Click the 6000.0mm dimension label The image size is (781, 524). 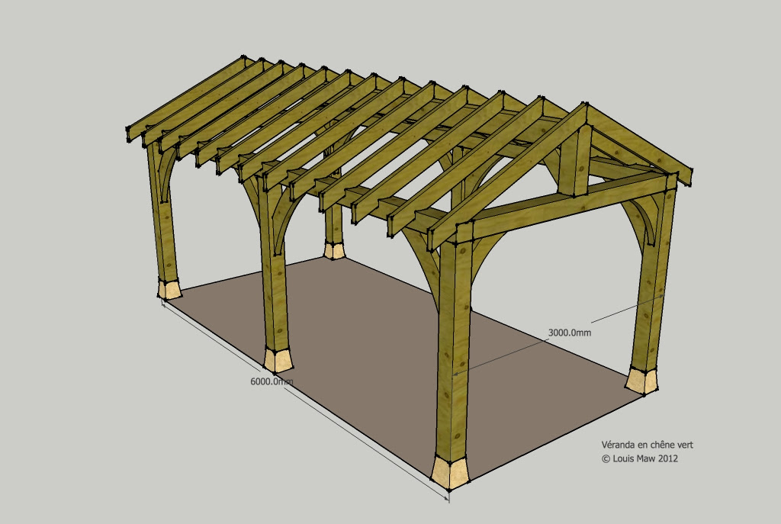coord(272,381)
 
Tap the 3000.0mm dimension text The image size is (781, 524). coord(569,333)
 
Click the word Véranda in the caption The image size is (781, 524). coord(618,445)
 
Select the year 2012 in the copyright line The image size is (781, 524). coord(668,458)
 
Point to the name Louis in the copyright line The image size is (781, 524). coord(622,458)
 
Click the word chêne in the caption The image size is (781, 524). coord(660,445)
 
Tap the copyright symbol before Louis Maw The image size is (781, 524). coord(606,458)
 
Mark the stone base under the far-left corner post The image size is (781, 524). coord(169,289)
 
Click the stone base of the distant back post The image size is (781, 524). coord(334,250)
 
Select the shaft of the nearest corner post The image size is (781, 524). coord(453,344)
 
